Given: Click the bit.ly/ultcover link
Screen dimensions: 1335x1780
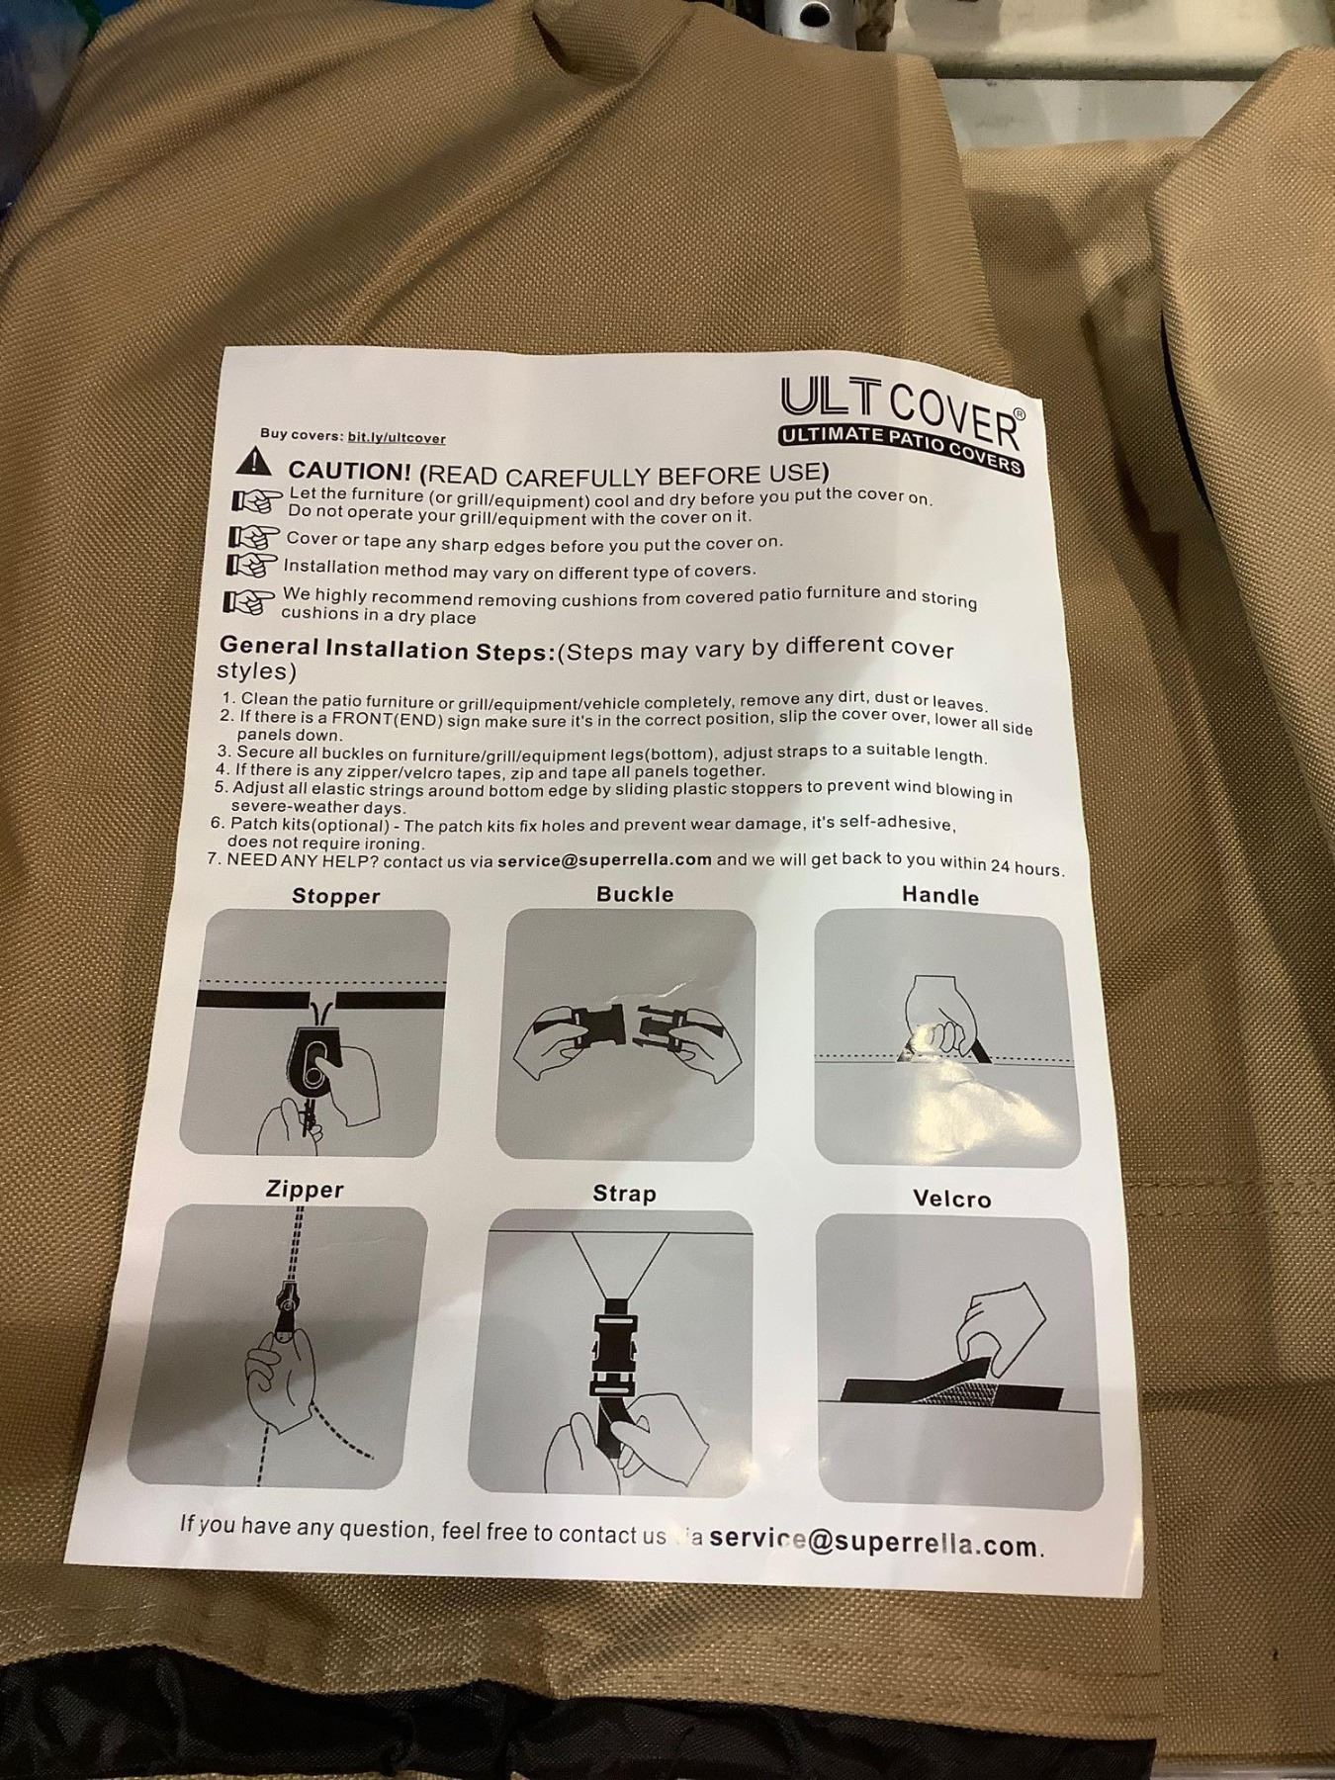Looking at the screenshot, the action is tap(397, 437).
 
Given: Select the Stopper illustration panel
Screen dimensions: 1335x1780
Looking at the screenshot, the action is tap(314, 1031).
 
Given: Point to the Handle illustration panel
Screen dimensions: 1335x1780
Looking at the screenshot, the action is tap(946, 1039).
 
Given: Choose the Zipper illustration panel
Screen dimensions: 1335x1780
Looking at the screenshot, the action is tap(278, 1346).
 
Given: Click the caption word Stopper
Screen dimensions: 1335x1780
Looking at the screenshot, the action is tap(336, 896).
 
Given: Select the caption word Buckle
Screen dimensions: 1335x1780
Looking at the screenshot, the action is tap(635, 894).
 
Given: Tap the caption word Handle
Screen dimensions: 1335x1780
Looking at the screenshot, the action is tap(940, 896).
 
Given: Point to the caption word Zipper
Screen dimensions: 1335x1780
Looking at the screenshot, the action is tap(305, 1189).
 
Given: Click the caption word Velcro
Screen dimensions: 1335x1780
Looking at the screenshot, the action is tap(951, 1199).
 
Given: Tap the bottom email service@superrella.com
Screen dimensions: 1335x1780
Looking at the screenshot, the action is tap(876, 1541).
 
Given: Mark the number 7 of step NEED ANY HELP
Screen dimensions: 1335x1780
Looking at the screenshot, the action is tap(214, 858).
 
